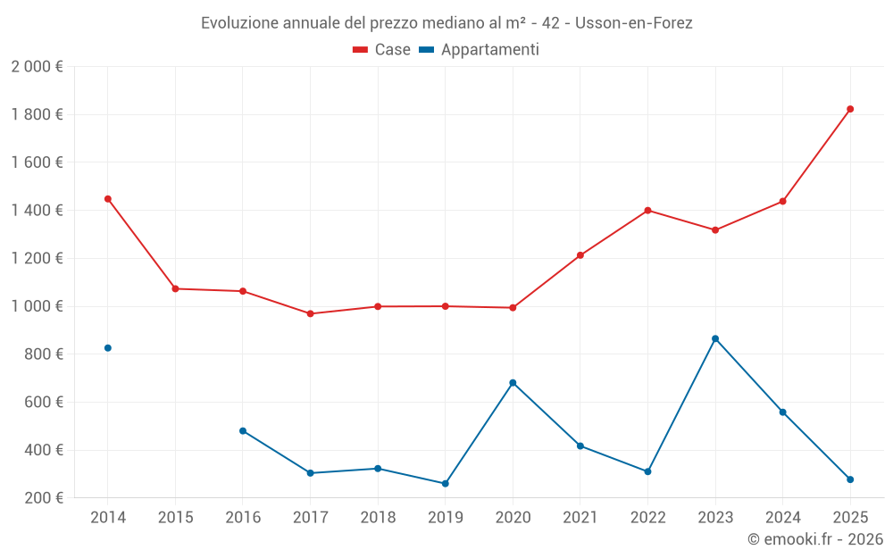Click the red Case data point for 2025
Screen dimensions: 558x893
pos(850,109)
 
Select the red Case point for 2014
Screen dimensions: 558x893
pos(108,199)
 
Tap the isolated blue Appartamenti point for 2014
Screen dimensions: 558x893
pos(108,348)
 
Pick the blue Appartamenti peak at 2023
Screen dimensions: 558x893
pos(715,338)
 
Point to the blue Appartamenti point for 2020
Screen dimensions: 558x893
pos(513,383)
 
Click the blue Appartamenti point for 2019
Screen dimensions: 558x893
pos(446,484)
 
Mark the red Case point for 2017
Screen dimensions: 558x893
pos(310,313)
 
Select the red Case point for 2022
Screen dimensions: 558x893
pos(647,211)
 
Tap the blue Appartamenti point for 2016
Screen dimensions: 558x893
pos(243,430)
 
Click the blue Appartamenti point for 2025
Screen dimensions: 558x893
pos(850,479)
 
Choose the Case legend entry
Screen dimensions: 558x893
pos(382,50)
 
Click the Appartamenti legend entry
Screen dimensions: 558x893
pos(480,50)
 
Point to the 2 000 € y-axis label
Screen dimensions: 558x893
pos(37,67)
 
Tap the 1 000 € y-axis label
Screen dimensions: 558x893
pos(37,306)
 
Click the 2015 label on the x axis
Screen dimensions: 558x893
pos(175,518)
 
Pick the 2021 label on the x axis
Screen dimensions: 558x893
pos(580,518)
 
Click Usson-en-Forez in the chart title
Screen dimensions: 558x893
pos(634,23)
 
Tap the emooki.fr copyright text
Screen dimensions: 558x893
pos(815,539)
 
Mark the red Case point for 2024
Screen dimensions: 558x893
pos(782,202)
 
